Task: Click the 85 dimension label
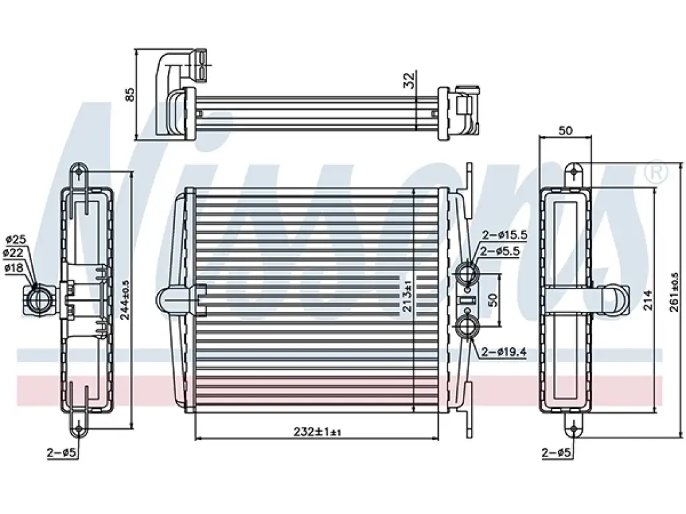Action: (129, 95)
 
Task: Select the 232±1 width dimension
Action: (317, 432)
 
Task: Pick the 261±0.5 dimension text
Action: (674, 292)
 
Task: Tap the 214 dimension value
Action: (648, 301)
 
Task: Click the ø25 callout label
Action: (16, 239)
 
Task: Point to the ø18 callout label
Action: (14, 268)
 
